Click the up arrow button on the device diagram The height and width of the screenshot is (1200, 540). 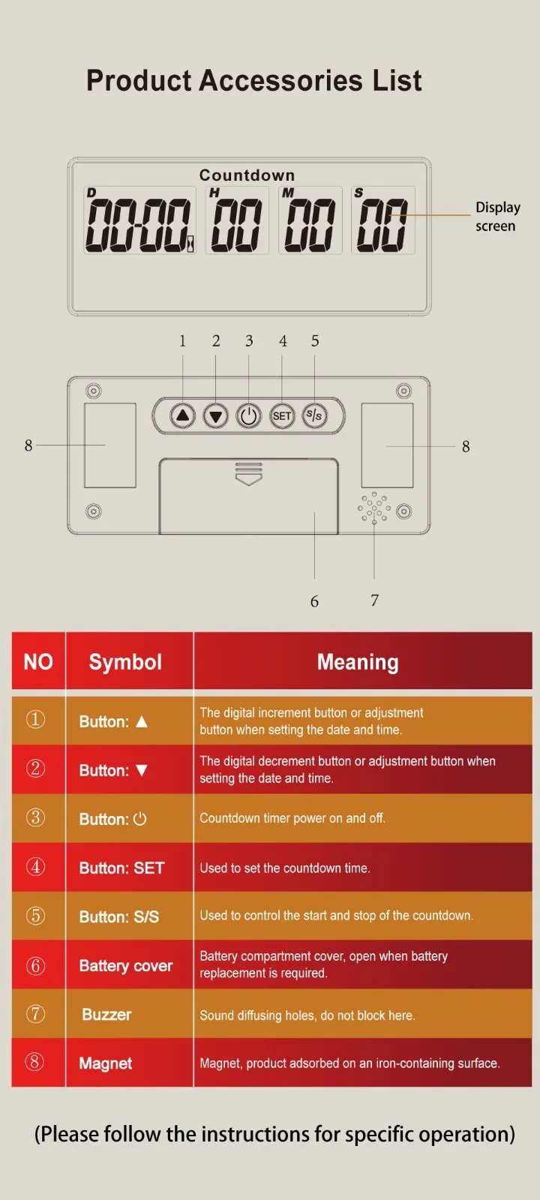click(183, 415)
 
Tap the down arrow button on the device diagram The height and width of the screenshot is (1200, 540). click(215, 415)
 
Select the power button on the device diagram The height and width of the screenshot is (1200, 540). click(248, 415)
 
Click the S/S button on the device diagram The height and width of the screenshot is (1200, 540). click(314, 415)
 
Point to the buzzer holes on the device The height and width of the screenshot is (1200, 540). click(374, 507)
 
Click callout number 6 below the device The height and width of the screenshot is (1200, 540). click(314, 601)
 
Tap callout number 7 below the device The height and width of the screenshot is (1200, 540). click(374, 600)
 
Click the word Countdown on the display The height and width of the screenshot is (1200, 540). click(247, 175)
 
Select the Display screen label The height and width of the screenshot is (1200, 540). click(498, 217)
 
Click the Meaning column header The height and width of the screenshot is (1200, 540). click(358, 662)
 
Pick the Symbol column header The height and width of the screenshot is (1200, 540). click(125, 662)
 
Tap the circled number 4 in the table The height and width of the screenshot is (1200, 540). click(36, 867)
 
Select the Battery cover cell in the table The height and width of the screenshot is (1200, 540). click(126, 965)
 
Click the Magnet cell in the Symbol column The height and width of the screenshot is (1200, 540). click(106, 1063)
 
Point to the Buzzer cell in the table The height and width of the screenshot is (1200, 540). click(106, 1014)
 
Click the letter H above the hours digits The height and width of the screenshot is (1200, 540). click(214, 193)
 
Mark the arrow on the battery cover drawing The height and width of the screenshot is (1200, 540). click(248, 474)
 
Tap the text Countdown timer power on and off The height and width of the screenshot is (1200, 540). click(292, 818)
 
